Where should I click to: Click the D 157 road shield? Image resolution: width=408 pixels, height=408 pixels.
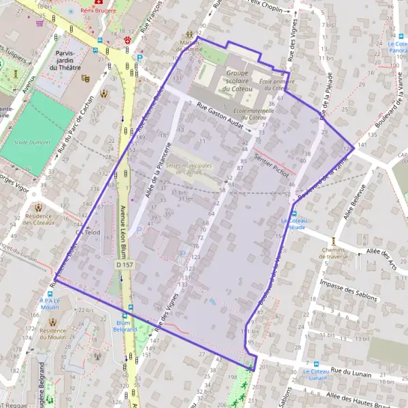[123, 264]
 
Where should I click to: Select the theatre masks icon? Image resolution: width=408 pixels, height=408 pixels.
[86, 78]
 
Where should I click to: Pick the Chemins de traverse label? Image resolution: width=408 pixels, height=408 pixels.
[334, 253]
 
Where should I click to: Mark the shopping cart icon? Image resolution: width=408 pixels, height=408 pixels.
[40, 22]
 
